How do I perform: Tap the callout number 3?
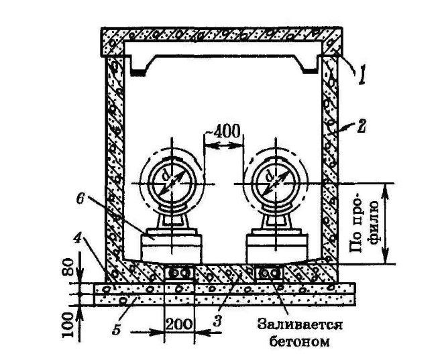[218, 320]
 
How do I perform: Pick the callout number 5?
[117, 328]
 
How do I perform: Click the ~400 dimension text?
[223, 131]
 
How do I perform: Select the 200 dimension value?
[178, 324]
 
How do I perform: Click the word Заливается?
[299, 325]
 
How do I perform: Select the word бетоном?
[300, 341]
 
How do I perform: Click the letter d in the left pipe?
[166, 176]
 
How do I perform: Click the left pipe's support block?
[171, 249]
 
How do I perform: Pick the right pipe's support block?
[276, 249]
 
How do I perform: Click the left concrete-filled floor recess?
[178, 273]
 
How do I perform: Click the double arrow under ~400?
[223, 145]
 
